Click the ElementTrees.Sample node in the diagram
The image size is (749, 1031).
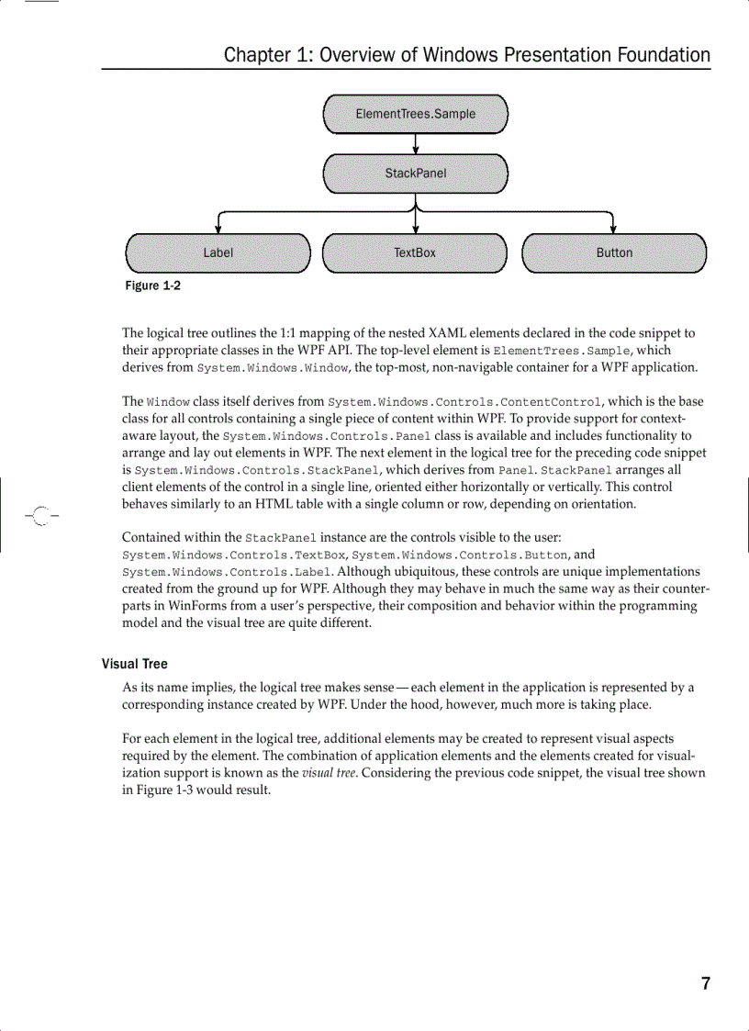coord(416,114)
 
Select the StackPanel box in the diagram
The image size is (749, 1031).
coord(416,174)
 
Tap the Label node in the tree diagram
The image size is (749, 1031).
coord(218,252)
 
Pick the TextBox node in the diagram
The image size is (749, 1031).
coord(415,252)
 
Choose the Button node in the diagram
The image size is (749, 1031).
coord(614,252)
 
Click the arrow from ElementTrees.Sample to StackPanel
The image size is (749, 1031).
coord(416,143)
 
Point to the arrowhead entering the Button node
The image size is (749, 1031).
coord(613,229)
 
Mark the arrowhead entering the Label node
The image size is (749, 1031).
coord(218,229)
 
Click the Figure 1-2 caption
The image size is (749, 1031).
coord(152,286)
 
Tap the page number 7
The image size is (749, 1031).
coord(705,984)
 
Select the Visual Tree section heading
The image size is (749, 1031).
coord(134,664)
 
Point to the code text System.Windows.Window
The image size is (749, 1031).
coord(272,368)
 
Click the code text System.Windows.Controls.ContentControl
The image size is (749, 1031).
coord(464,402)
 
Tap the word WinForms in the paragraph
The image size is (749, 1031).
coord(196,606)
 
